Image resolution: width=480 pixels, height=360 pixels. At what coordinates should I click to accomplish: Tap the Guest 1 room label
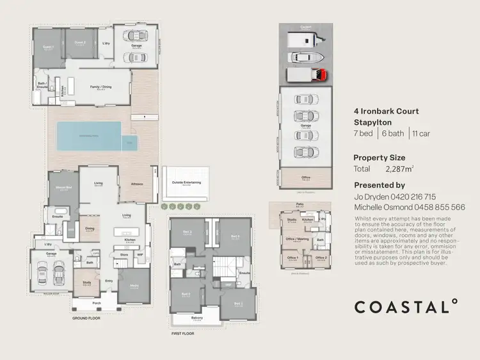47,47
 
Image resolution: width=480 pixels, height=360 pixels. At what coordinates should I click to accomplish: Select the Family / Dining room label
100,88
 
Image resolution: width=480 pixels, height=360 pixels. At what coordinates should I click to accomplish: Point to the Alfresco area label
136,183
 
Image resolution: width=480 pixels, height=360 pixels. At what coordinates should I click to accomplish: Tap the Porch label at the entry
97,303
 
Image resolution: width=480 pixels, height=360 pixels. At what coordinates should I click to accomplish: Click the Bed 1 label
237,304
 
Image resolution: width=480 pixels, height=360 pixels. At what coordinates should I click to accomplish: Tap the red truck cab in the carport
320,74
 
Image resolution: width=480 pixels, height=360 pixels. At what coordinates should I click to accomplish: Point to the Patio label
300,205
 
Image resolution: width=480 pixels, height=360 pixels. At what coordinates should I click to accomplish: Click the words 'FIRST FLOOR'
182,334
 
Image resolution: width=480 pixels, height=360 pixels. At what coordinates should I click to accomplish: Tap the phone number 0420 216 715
413,197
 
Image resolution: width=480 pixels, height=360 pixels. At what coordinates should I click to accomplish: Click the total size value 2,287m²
401,170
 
